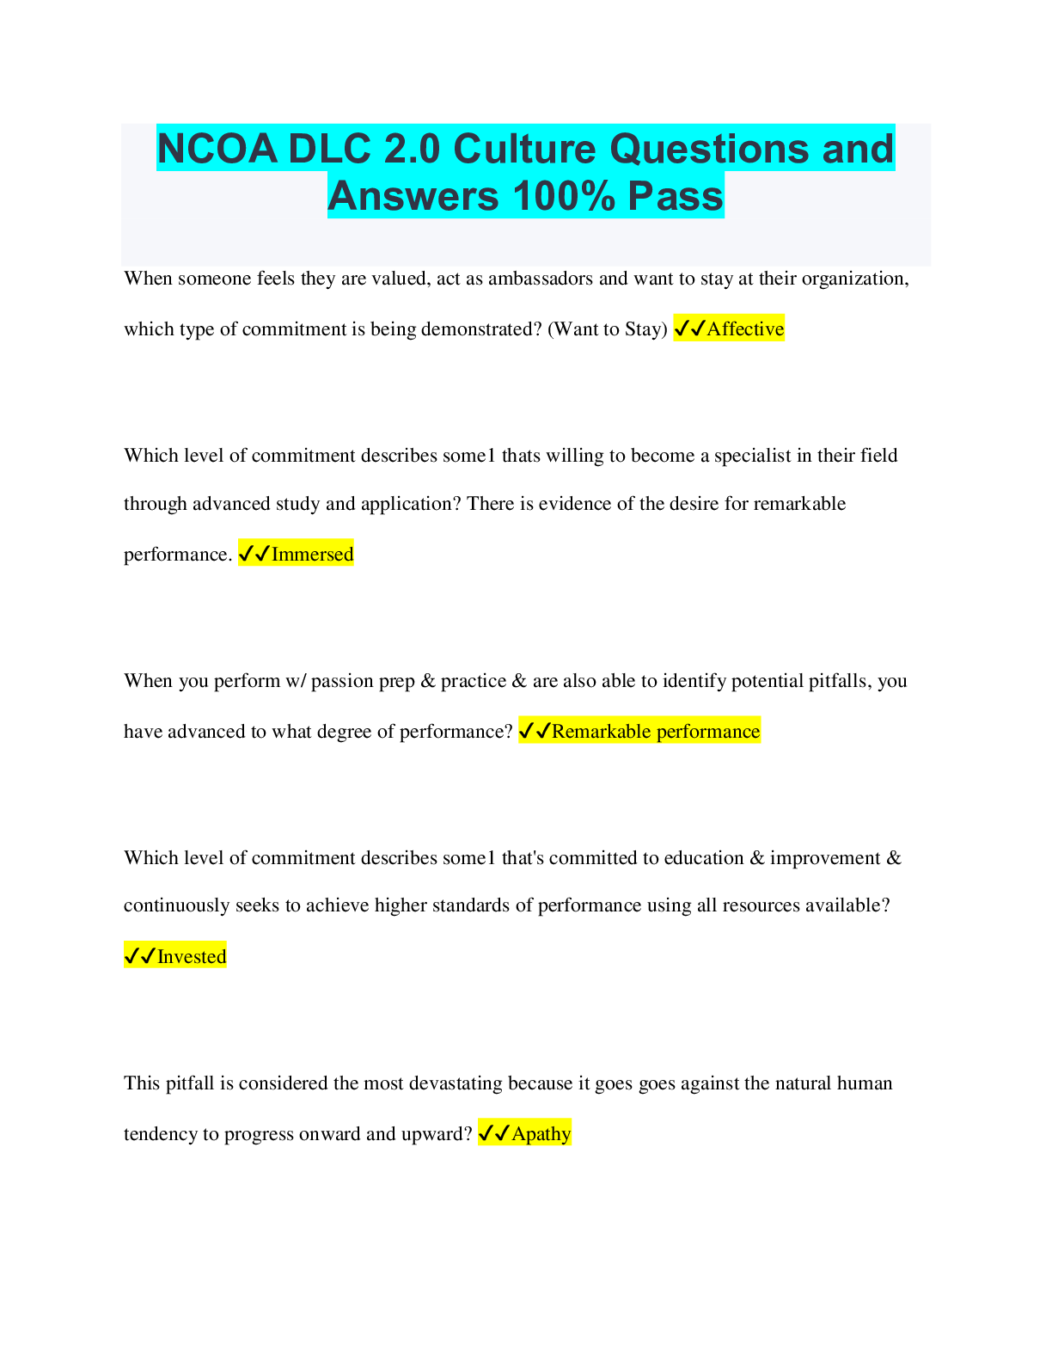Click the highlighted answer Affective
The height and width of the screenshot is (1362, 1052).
tap(745, 328)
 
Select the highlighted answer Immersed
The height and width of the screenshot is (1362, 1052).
tap(312, 554)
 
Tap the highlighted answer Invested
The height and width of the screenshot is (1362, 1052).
tap(192, 956)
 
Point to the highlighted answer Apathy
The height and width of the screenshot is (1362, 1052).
tap(541, 1133)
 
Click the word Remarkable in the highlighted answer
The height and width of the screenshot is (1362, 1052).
tap(601, 731)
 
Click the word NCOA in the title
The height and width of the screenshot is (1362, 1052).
tap(217, 149)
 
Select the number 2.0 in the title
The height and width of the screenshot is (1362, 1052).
tap(413, 149)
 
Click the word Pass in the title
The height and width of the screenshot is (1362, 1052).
tap(676, 195)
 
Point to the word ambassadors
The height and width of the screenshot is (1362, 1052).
tap(540, 279)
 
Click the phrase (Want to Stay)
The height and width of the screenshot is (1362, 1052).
tap(607, 329)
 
